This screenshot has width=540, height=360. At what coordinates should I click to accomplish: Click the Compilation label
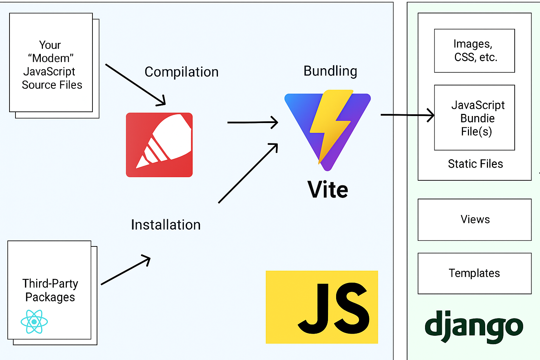(x=181, y=72)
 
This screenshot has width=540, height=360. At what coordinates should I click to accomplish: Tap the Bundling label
(x=330, y=71)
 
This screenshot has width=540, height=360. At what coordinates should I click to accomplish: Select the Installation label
(x=166, y=225)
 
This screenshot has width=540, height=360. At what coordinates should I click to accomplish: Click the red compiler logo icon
(x=159, y=145)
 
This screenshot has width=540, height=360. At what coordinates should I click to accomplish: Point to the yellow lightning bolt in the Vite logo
(x=330, y=123)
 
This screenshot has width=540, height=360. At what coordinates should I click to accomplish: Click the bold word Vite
(x=328, y=190)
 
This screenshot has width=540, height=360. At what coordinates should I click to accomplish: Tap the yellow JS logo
(x=322, y=307)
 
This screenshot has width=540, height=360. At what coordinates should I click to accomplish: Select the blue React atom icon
(x=34, y=322)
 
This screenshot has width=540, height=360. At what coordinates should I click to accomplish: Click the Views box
(x=474, y=220)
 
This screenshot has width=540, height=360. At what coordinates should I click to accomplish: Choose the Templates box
(x=474, y=273)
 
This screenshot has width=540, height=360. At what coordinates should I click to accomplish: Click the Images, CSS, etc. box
(x=474, y=51)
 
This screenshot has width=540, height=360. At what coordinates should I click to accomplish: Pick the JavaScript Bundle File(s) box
(x=474, y=118)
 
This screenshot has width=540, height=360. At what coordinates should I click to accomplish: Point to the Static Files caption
(x=475, y=164)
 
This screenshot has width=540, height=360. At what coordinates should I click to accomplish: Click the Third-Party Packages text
(x=50, y=290)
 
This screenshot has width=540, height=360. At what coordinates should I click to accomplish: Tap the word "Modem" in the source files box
(x=51, y=58)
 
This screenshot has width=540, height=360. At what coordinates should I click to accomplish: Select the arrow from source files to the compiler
(x=135, y=85)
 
